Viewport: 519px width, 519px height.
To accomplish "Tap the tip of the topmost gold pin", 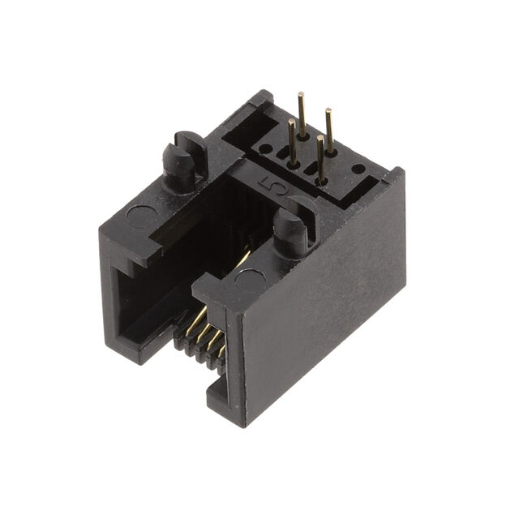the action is (301, 94).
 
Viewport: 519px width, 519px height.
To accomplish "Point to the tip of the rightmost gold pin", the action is (328, 110).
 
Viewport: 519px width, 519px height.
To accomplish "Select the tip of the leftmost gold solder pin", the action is (292, 121).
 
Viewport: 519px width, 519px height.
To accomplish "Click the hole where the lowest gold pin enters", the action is (321, 181).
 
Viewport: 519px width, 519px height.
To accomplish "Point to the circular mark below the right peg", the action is (250, 279).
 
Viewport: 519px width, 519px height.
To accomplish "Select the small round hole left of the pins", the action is (265, 149).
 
